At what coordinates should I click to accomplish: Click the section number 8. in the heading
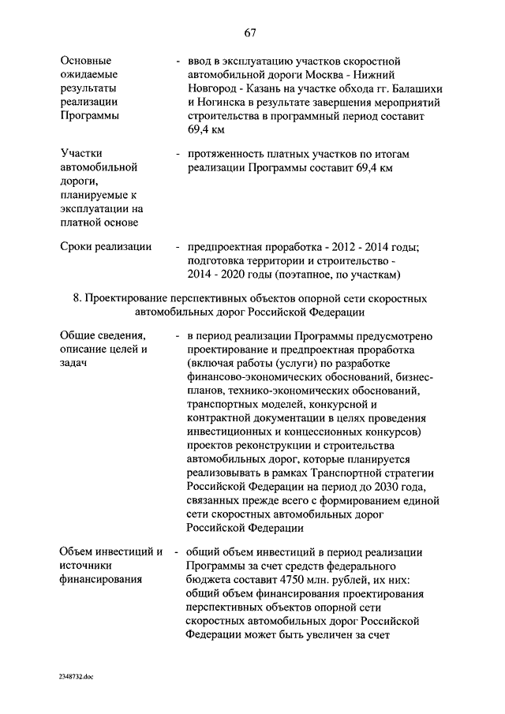[x=77, y=299]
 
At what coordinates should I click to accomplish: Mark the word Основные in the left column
[x=86, y=60]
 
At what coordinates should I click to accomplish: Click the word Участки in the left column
[x=82, y=154]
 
